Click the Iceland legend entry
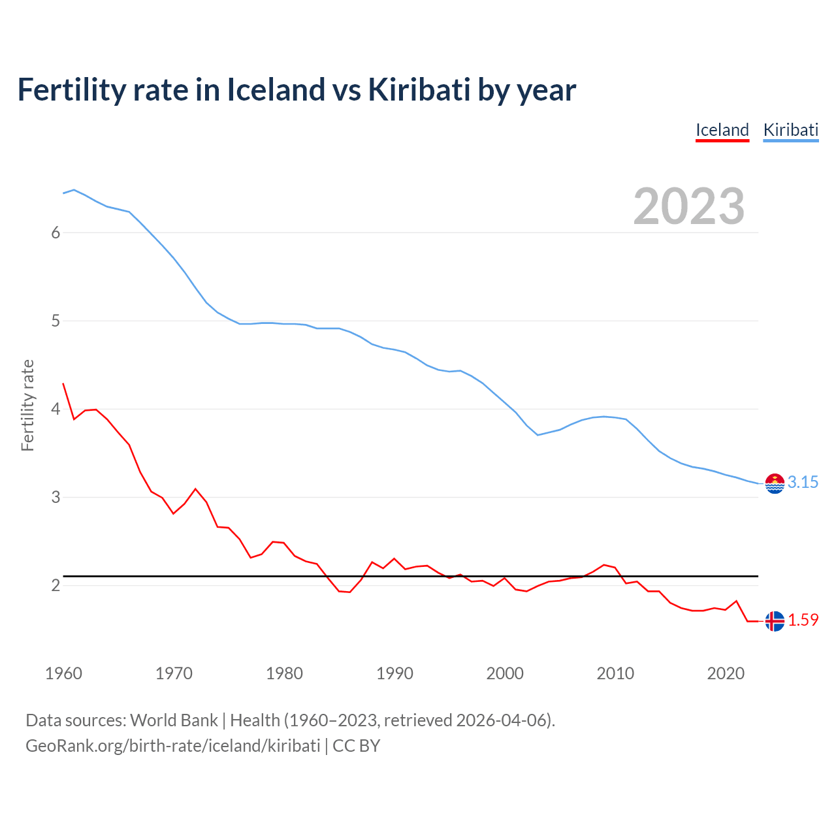tap(722, 130)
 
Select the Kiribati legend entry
tap(790, 130)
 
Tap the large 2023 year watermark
tap(688, 206)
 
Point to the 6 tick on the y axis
tap(56, 233)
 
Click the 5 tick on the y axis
tap(56, 321)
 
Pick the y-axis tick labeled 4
tap(56, 409)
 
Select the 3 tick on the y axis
tap(56, 497)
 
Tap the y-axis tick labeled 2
tap(56, 585)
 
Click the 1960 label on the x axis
tap(63, 673)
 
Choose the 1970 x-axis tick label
tap(174, 673)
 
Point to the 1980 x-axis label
tap(284, 673)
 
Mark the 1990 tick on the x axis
tap(394, 673)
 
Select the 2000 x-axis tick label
tap(505, 673)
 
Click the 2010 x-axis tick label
tap(615, 673)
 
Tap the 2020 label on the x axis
tap(726, 673)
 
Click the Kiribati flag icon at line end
tap(775, 483)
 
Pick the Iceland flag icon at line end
tap(775, 621)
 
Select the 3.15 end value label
tap(803, 482)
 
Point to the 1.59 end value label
tap(803, 620)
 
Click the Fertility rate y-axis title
tap(27, 405)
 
